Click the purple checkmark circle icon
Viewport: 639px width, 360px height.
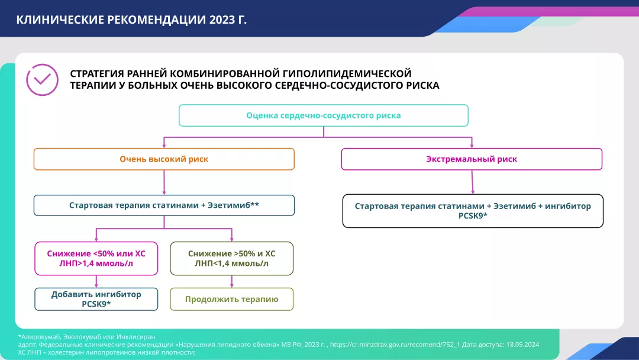[42, 80]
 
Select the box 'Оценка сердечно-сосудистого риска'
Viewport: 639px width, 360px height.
[323, 115]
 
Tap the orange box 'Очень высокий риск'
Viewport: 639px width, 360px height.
[164, 159]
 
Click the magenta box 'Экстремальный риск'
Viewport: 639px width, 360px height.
[472, 159]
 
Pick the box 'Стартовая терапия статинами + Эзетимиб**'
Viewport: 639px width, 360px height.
[164, 205]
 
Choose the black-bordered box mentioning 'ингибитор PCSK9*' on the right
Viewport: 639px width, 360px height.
[473, 211]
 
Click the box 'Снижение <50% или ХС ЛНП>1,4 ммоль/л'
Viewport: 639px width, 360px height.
[96, 258]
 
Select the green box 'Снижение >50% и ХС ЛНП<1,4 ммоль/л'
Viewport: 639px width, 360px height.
[231, 258]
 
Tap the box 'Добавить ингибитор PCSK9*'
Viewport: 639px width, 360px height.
[96, 299]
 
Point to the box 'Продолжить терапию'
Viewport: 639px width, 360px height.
[231, 299]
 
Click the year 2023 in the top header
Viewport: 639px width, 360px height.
[222, 20]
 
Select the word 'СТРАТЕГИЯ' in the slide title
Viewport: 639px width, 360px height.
[98, 73]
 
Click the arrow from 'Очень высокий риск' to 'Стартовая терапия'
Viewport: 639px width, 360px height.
[164, 183]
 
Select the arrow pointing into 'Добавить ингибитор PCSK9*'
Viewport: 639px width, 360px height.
[96, 282]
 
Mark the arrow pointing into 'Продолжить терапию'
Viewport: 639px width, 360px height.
[231, 282]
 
